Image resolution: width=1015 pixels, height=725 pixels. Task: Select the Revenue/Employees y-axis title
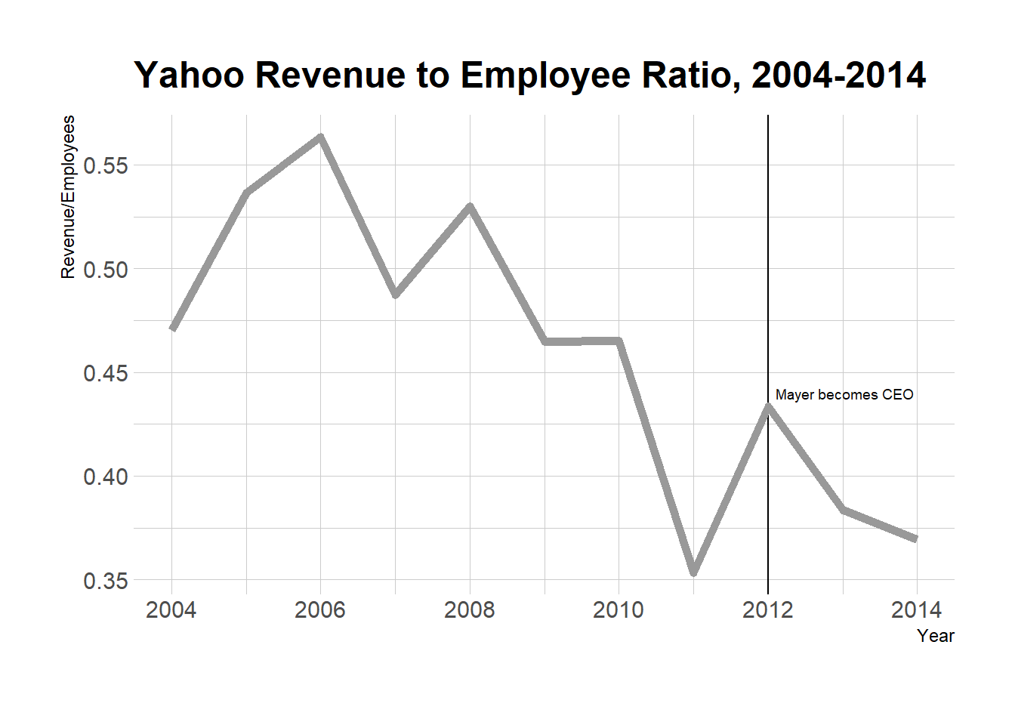pos(68,197)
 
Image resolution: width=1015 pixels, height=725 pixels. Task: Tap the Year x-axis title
pos(936,636)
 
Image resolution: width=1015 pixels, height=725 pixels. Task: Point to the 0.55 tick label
pos(106,165)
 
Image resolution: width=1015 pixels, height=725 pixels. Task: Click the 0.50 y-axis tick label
pos(106,270)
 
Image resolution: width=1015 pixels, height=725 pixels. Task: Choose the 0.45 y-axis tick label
pos(106,373)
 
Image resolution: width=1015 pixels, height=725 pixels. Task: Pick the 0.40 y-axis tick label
pos(106,477)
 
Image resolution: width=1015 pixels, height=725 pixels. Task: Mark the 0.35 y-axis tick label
pos(106,581)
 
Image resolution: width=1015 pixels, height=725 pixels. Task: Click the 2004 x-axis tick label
pos(171,609)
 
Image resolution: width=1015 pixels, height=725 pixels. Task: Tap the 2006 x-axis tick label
pos(320,609)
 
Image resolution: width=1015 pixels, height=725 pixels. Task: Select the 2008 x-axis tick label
pos(469,609)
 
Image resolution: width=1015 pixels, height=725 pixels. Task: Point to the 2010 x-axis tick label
pos(619,609)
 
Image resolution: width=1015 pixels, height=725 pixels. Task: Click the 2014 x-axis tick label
pos(917,609)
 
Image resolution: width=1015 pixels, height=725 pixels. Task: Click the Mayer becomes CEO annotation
pos(844,395)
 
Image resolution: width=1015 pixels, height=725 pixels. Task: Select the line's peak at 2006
pos(320,137)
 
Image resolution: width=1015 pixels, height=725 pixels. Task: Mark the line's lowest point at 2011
pos(693,572)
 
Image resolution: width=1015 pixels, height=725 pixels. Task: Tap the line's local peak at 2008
pos(470,206)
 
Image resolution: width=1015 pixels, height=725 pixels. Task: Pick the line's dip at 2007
pos(395,294)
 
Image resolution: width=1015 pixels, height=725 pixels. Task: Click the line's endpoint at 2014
pos(916,538)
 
